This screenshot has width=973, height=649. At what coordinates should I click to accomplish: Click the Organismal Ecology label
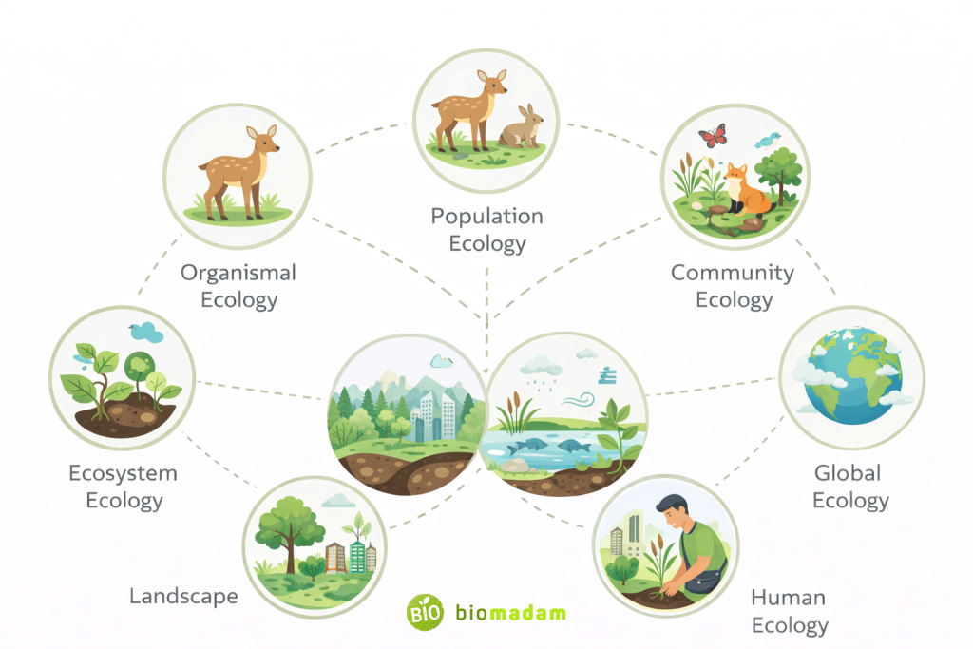click(x=238, y=286)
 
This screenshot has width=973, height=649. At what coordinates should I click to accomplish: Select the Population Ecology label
click(x=486, y=230)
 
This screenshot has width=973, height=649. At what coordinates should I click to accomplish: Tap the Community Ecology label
click(x=733, y=286)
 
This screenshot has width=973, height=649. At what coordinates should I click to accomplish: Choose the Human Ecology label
click(x=789, y=611)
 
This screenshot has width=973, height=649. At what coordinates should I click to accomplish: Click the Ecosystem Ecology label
click(x=123, y=487)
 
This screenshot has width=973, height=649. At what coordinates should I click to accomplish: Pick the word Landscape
click(x=183, y=596)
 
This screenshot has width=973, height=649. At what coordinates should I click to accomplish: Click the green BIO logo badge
click(x=424, y=612)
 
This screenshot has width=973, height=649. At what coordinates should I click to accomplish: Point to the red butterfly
click(x=712, y=136)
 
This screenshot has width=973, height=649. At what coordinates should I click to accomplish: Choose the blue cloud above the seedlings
click(x=146, y=331)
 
